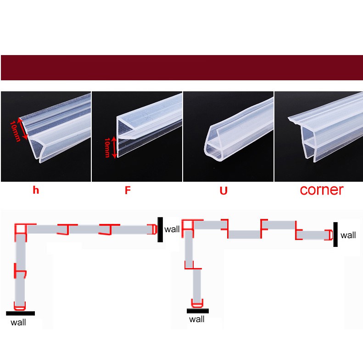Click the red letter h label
36,190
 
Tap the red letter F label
128,190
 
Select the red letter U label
223,190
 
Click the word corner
321,190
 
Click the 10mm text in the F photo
107,147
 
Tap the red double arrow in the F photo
114,147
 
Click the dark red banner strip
182,67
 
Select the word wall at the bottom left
18,322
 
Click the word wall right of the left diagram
172,229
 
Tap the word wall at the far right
348,235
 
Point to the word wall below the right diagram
197,319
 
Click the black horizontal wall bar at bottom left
20,313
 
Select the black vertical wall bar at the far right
335,235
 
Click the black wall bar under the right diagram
198,311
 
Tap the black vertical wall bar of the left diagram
160,229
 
